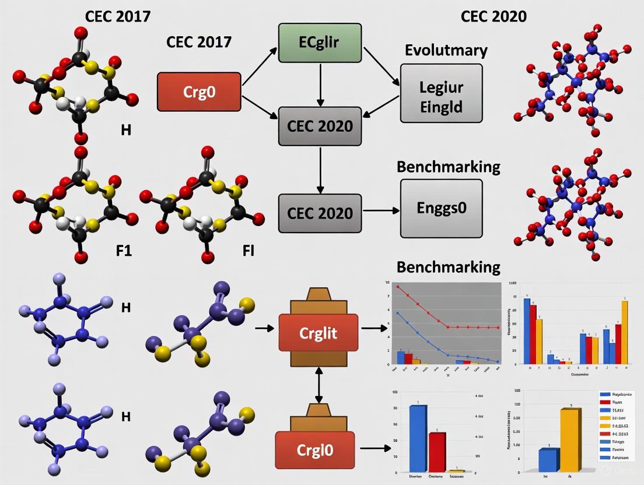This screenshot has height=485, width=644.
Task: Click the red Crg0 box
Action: [x=199, y=92]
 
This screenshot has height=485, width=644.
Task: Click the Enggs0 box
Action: [x=441, y=208]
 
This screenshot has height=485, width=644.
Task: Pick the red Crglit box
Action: [x=318, y=333]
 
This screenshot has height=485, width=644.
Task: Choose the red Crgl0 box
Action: [x=318, y=449]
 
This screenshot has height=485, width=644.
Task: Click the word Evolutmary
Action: [x=446, y=50]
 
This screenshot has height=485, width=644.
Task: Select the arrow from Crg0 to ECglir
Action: [x=260, y=67]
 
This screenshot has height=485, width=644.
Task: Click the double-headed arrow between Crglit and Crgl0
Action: [x=319, y=385]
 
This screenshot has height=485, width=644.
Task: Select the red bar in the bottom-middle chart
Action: [x=437, y=451]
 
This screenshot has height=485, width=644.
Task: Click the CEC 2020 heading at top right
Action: [x=493, y=16]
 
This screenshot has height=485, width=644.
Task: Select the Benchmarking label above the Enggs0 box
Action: [x=448, y=167]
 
